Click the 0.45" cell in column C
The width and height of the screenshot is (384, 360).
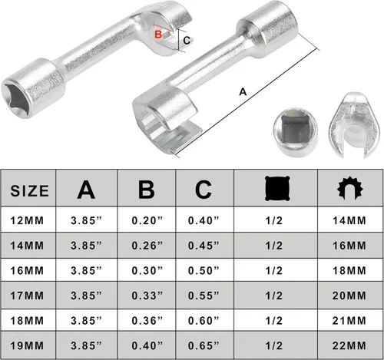click(x=204, y=246)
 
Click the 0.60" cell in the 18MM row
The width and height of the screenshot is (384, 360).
click(x=204, y=320)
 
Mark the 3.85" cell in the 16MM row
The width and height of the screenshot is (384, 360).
click(x=91, y=271)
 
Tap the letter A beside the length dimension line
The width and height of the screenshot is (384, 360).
click(x=243, y=91)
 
